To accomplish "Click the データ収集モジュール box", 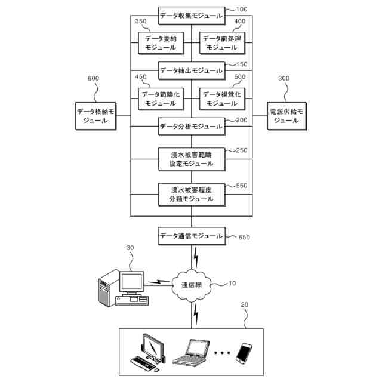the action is [192, 16].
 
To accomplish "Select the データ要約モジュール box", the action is [161, 43].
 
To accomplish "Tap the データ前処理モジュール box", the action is [222, 43].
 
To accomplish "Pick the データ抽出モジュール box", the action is [192, 70].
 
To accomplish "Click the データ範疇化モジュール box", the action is [161, 99].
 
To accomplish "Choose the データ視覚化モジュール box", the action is [222, 99].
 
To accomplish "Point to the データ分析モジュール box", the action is [192, 127].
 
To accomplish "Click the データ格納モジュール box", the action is [95, 116].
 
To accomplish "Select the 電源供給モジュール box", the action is [286, 116].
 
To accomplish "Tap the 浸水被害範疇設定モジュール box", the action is [192, 159].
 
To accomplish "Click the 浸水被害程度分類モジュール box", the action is [192, 195].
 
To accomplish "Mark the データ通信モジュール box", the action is [192, 236].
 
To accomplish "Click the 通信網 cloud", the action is [192, 285].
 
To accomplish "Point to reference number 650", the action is [244, 237].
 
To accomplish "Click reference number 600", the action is [93, 78].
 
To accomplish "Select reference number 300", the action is [284, 78].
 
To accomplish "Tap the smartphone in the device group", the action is [244, 353].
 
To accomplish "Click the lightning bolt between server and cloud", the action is [158, 282].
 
